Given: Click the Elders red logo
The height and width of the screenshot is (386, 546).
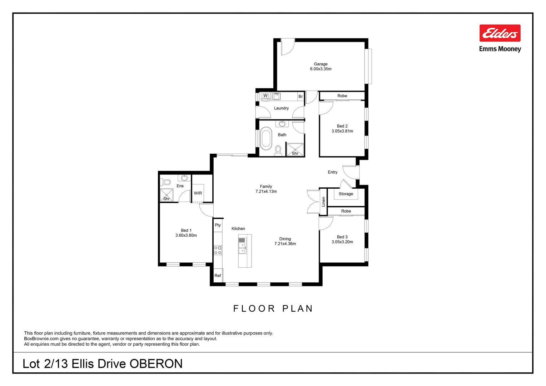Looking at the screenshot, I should [x=500, y=33].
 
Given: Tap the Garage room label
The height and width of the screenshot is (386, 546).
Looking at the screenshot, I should [x=321, y=64].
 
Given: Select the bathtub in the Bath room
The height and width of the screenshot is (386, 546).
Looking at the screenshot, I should [x=265, y=140].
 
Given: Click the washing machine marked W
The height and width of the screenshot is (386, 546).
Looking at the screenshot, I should [x=265, y=96].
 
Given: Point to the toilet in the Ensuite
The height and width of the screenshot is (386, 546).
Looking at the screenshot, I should [x=166, y=182].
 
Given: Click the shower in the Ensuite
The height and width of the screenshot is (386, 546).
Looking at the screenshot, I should [x=167, y=195].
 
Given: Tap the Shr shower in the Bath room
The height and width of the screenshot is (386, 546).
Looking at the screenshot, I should [x=295, y=150].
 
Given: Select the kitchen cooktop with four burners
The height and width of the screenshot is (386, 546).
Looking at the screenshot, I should [x=218, y=250].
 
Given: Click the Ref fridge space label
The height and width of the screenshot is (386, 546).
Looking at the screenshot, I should [x=218, y=276].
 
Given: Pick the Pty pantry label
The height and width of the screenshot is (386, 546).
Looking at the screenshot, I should [x=218, y=225].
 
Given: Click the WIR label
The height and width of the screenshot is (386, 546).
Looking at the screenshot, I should [x=198, y=193].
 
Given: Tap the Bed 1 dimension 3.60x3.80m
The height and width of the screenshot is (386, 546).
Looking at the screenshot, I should [x=186, y=236].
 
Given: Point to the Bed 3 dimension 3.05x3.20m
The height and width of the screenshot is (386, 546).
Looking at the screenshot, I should [x=342, y=242].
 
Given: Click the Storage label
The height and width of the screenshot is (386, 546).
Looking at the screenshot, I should [x=346, y=194].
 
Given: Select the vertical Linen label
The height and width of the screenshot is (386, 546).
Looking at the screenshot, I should [x=323, y=202].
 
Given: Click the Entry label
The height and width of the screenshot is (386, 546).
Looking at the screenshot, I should [x=332, y=172].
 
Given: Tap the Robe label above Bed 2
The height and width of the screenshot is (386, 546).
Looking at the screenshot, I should [x=342, y=96].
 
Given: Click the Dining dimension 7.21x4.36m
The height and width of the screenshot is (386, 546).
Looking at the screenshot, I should [x=285, y=244].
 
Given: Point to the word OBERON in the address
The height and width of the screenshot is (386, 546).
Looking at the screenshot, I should [x=156, y=364].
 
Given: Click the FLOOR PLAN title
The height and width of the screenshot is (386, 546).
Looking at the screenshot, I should [x=273, y=308].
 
